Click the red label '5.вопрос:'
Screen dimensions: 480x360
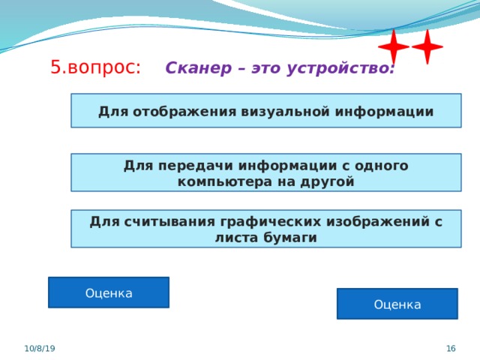pos(95,67)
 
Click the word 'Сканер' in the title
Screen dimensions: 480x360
pos(199,67)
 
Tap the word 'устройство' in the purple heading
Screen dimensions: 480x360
pos(340,68)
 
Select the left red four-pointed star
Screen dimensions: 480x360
pos(394,46)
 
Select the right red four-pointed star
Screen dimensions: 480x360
pos(427,46)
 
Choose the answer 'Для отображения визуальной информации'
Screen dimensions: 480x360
pos(266,110)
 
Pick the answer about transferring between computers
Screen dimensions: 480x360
pos(266,172)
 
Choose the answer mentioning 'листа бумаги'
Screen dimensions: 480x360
pos(266,229)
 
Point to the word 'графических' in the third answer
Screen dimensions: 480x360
pos(271,222)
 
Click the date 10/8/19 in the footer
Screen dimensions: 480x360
pos(40,348)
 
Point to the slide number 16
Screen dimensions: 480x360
pos(451,348)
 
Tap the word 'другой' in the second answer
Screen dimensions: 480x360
pos(327,182)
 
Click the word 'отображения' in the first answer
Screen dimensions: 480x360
pos(184,112)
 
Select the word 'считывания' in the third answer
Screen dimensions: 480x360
pos(170,222)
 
